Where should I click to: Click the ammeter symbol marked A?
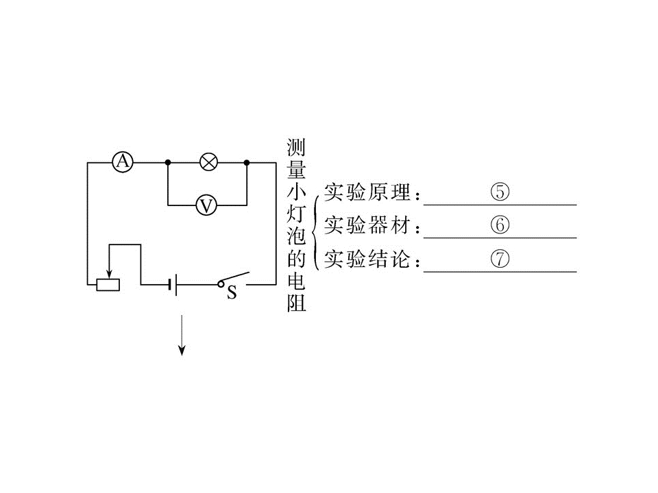(x=123, y=162)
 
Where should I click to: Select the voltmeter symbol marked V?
(x=206, y=205)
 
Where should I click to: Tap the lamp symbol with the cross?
(x=208, y=162)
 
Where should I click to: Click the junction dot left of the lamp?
(x=168, y=162)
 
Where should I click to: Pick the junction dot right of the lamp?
(x=247, y=162)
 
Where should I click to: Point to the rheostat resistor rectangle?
(x=108, y=285)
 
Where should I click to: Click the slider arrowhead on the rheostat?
(x=109, y=274)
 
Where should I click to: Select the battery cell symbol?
(x=173, y=285)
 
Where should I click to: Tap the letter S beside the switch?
(x=232, y=292)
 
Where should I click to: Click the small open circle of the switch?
(x=221, y=284)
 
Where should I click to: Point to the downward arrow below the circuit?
(x=182, y=335)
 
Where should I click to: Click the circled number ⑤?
(x=500, y=192)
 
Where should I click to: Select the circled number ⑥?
(x=500, y=225)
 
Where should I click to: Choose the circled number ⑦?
(x=500, y=259)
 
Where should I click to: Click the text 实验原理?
(x=367, y=192)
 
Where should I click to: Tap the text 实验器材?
(x=367, y=225)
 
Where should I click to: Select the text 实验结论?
(x=367, y=259)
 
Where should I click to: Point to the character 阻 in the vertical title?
(x=296, y=303)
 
